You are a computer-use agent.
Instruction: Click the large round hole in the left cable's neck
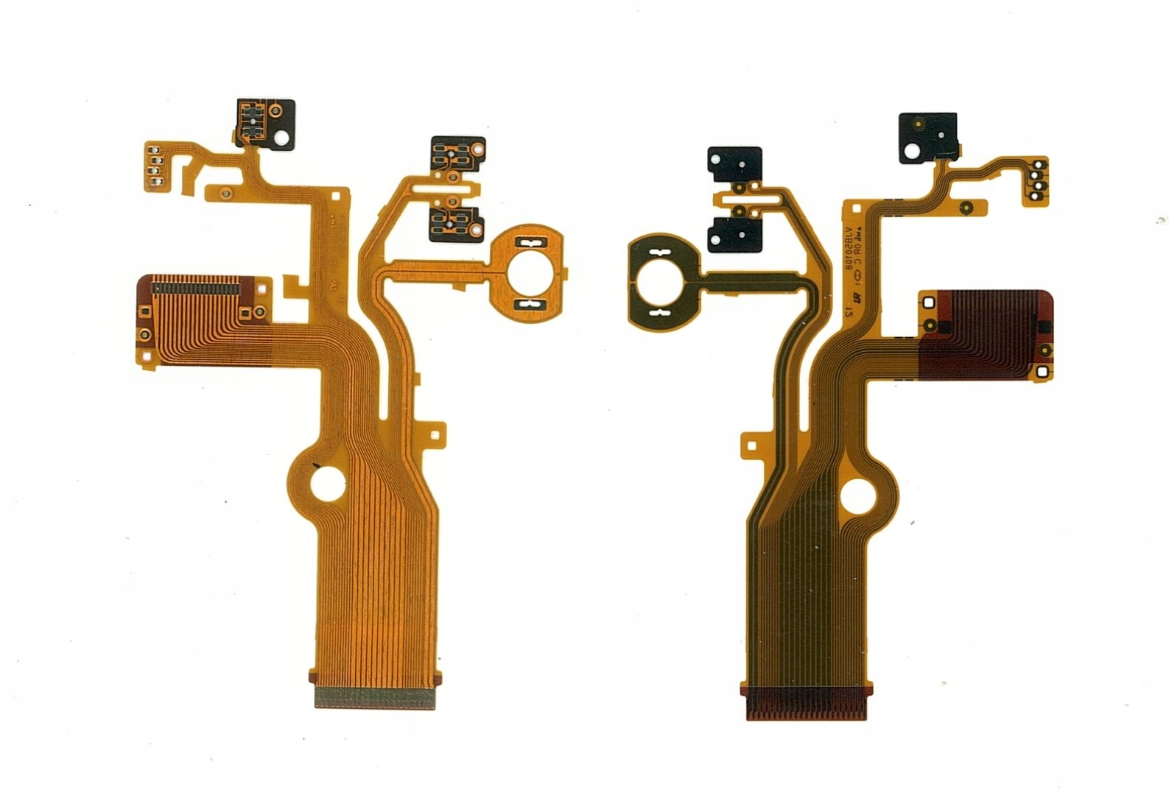pyautogui.click(x=325, y=485)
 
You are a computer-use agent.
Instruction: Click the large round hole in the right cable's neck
pyautogui.click(x=857, y=495)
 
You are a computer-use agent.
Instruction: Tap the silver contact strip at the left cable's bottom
pyautogui.click(x=374, y=696)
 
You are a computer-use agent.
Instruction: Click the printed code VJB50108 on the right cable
pyautogui.click(x=849, y=250)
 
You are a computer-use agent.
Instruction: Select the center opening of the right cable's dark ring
pyautogui.click(x=655, y=283)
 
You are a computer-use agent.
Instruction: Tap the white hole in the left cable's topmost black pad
pyautogui.click(x=281, y=136)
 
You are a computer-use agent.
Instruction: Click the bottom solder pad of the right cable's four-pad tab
pyautogui.click(x=1039, y=195)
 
